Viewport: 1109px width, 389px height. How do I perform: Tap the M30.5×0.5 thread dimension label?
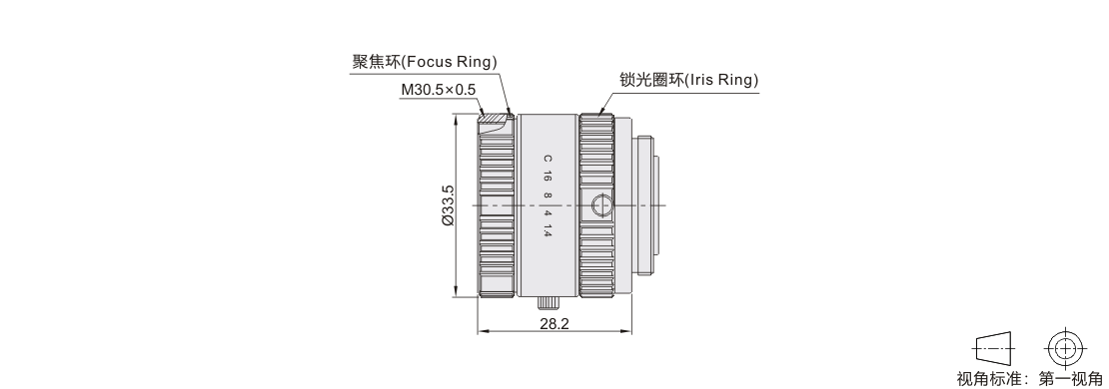(x=439, y=90)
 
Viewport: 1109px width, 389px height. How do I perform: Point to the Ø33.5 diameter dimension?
(x=448, y=205)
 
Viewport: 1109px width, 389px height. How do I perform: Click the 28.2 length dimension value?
(x=554, y=324)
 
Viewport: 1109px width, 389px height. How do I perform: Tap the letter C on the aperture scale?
(x=548, y=159)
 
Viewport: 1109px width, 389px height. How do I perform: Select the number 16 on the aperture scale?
(x=548, y=178)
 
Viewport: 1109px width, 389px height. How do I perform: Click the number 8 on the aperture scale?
(x=548, y=194)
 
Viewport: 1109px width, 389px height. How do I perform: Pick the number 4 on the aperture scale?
(x=548, y=211)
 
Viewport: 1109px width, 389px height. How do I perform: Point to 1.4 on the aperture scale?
(x=548, y=230)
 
